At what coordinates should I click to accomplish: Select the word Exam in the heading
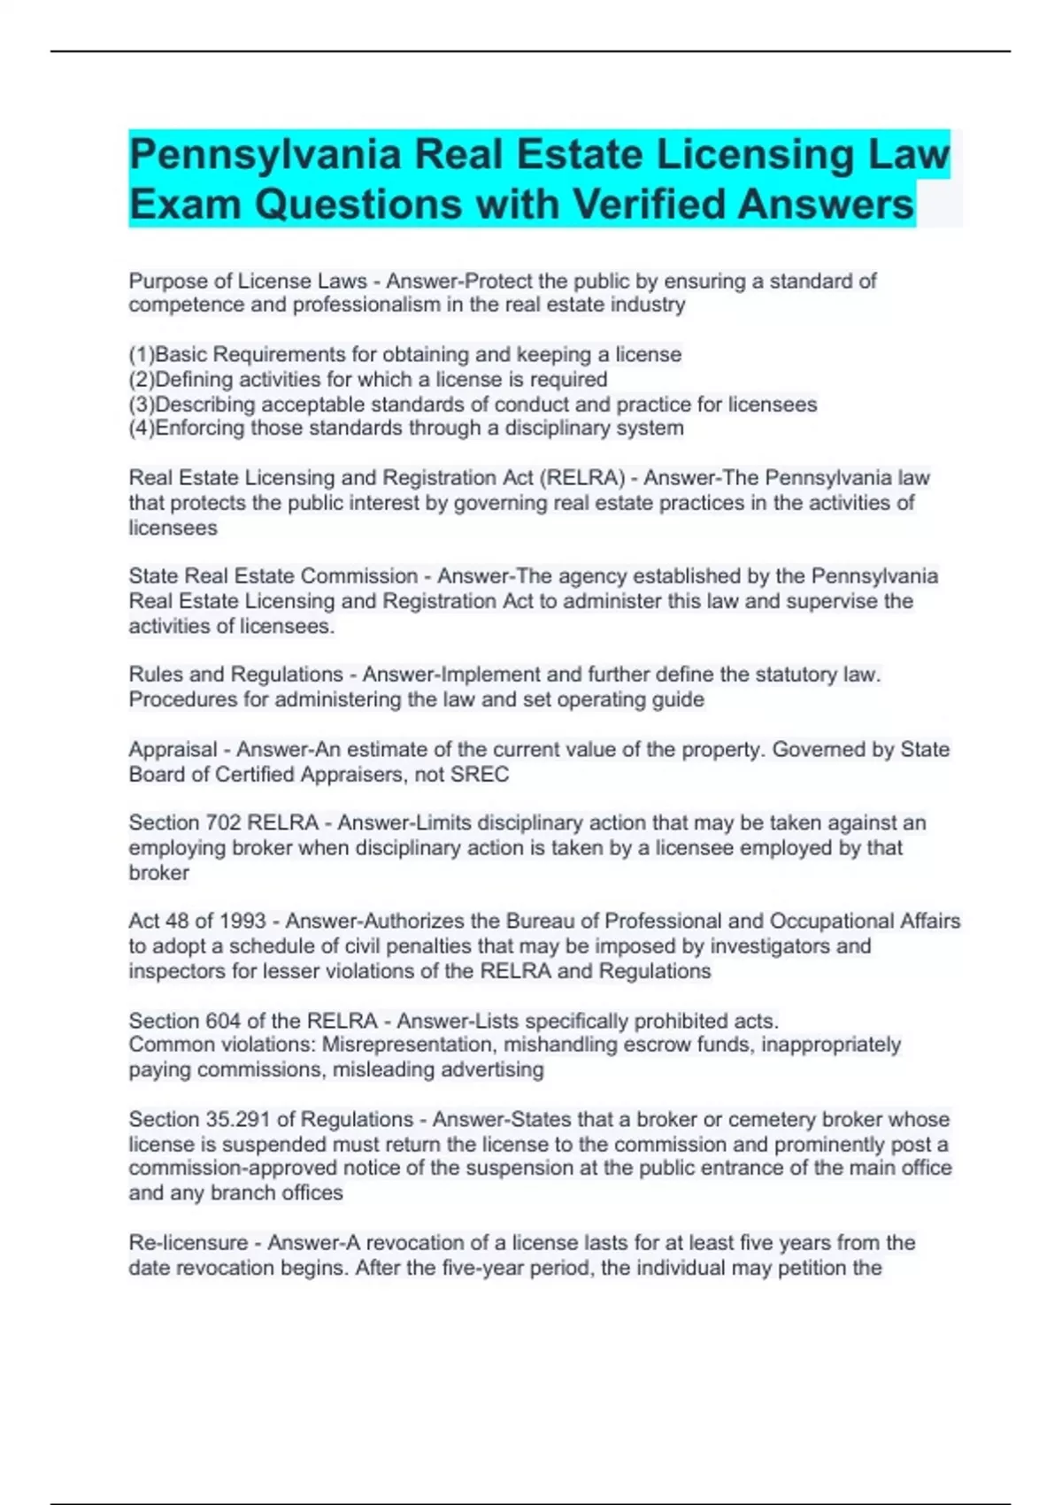coord(184,205)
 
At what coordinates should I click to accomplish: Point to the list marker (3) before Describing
coord(142,405)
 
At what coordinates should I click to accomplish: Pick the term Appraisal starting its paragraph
coord(173,750)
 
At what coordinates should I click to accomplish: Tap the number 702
coord(223,822)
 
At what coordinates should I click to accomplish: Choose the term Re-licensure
coord(188,1243)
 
